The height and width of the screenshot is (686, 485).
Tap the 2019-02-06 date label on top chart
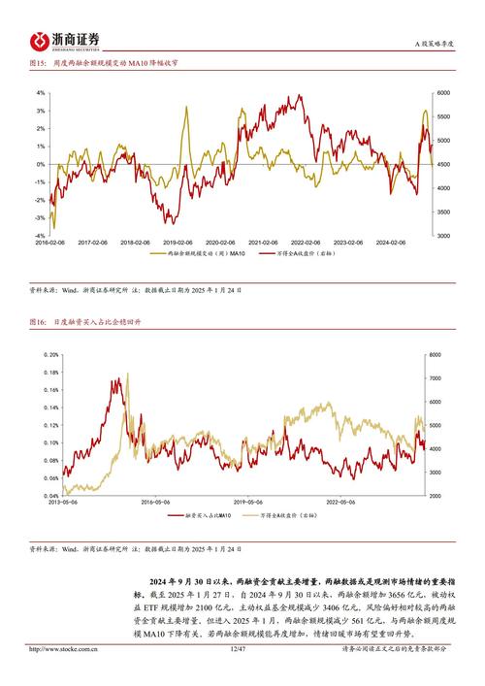coord(177,243)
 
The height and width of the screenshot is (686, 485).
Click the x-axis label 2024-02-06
coord(400,243)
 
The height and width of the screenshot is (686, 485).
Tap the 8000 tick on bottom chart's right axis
coord(438,355)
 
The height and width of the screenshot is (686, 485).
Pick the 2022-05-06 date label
coord(338,503)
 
